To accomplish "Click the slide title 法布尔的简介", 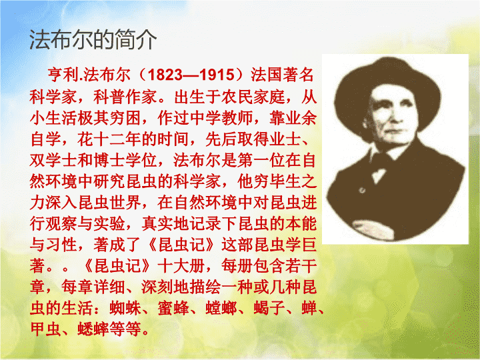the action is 93,40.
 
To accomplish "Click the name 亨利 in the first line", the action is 63,75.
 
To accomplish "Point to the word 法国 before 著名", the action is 267,75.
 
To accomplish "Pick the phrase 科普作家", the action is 125,97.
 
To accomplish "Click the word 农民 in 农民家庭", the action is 237,97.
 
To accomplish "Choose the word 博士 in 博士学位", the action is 109,161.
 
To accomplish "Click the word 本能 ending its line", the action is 301,224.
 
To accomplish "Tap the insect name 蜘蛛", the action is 125,308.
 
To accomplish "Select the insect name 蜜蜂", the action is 173,308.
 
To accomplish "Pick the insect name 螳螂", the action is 221,308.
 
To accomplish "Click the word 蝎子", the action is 269,308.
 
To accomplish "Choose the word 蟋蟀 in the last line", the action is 93,329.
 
